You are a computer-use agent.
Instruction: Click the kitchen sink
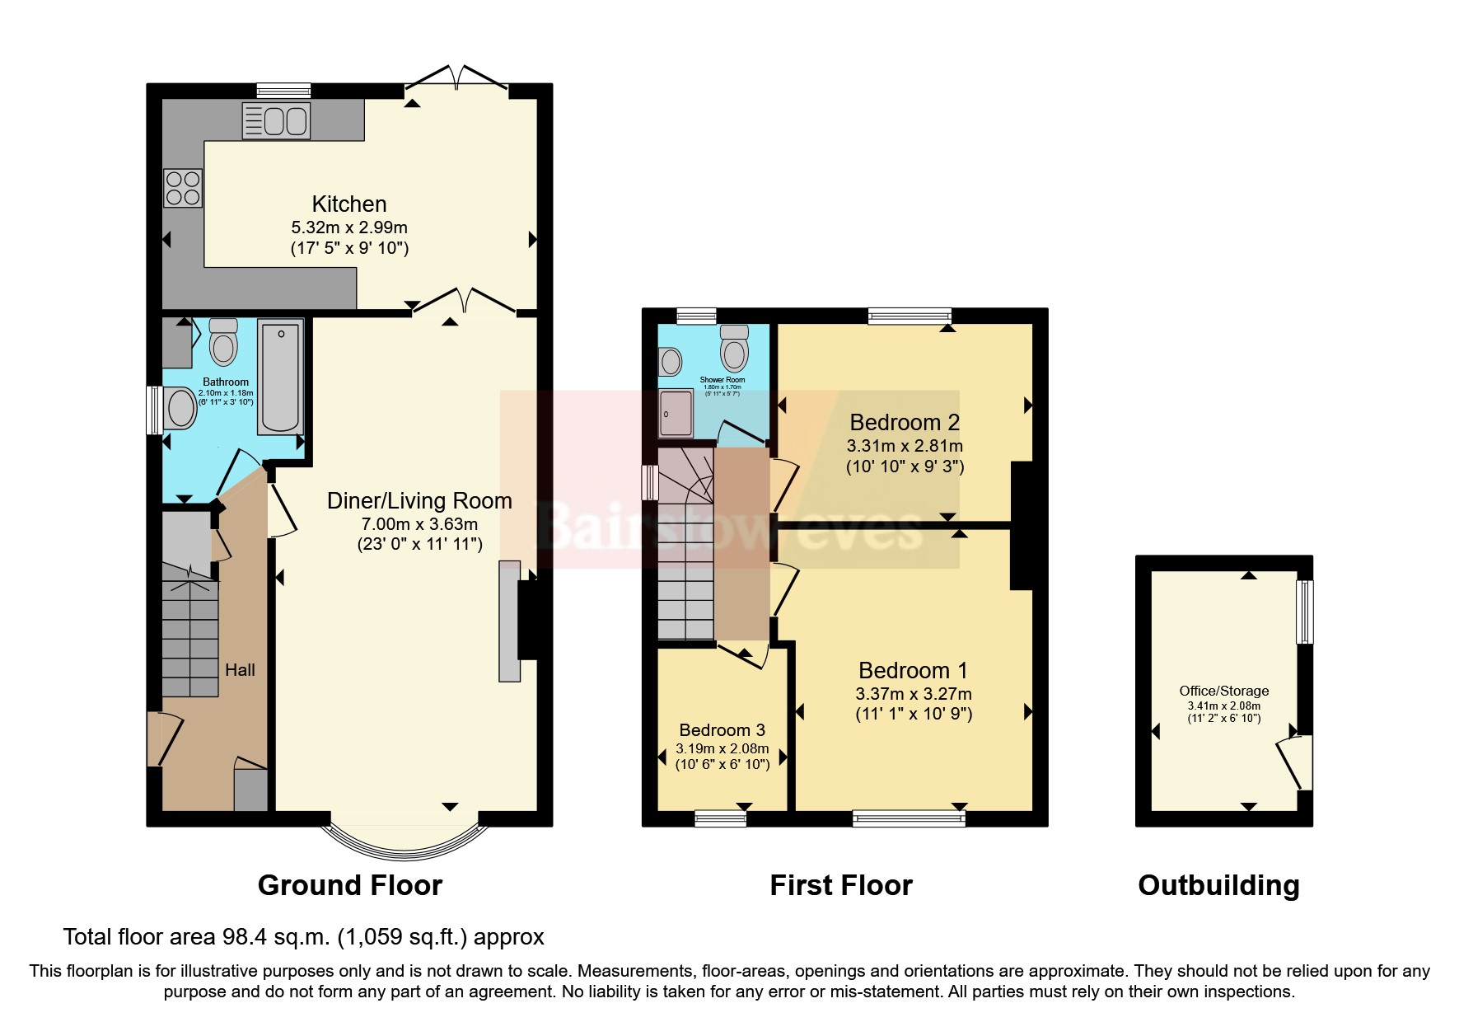pyautogui.click(x=275, y=121)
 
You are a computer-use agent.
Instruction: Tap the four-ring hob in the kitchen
pyautogui.click(x=183, y=187)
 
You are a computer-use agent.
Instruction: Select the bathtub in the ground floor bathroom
pyautogui.click(x=281, y=377)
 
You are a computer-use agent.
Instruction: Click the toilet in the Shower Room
pyautogui.click(x=733, y=349)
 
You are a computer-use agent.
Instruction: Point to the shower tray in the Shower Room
pyautogui.click(x=676, y=411)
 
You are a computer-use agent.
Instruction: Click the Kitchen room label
pyautogui.click(x=349, y=204)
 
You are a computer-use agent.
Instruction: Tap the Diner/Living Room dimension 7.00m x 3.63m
pyautogui.click(x=419, y=523)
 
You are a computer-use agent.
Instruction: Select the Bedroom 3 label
pyautogui.click(x=722, y=729)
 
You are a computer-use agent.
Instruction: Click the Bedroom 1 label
pyautogui.click(x=913, y=670)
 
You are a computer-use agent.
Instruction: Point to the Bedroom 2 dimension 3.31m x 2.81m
pyautogui.click(x=905, y=446)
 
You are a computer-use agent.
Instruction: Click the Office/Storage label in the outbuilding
pyautogui.click(x=1223, y=691)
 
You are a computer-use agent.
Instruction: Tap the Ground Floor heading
pyautogui.click(x=350, y=885)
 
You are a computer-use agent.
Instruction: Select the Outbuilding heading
pyautogui.click(x=1218, y=885)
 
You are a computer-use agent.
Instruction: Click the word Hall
pyautogui.click(x=240, y=670)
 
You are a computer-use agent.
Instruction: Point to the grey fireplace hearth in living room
pyautogui.click(x=509, y=621)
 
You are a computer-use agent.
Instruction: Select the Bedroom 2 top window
pyautogui.click(x=910, y=316)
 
